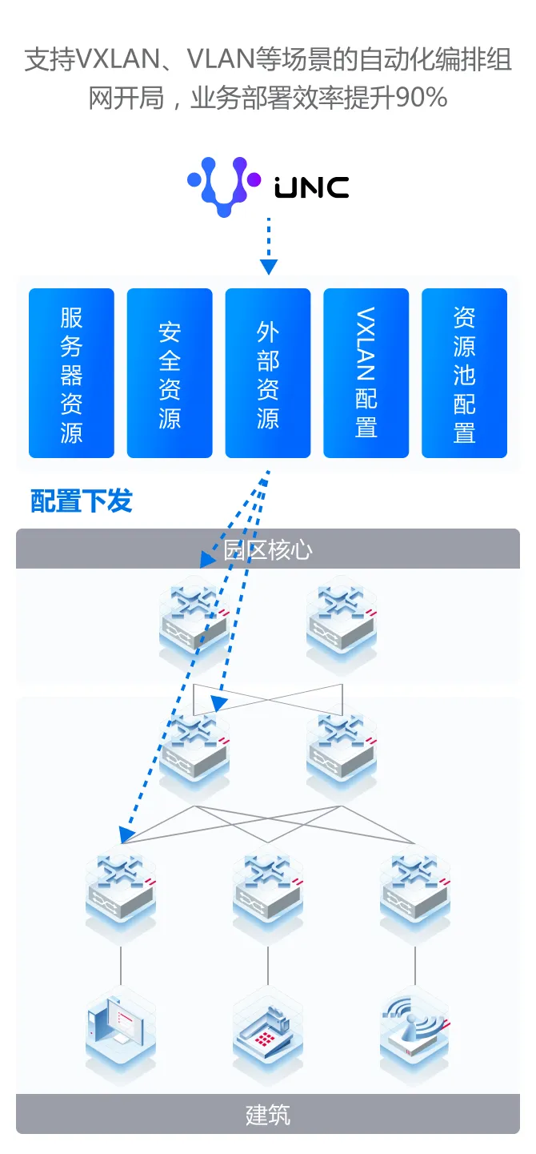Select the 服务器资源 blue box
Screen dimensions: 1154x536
(71, 373)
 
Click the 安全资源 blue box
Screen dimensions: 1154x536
(170, 373)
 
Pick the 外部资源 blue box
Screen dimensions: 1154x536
(268, 373)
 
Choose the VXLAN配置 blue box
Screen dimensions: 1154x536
(366, 373)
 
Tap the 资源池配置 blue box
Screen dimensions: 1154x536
(464, 373)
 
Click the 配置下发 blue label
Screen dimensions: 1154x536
(82, 502)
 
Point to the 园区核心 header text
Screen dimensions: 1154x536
(268, 549)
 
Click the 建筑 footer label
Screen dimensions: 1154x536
(268, 1114)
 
